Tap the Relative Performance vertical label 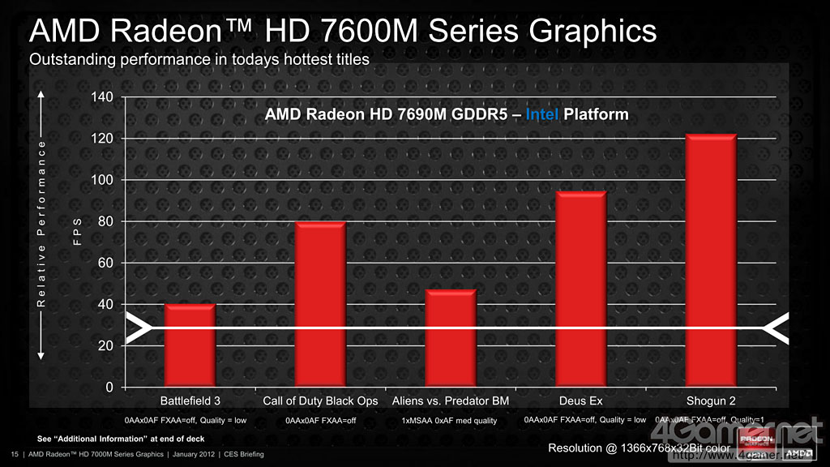pyautogui.click(x=41, y=226)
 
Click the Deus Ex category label pyautogui.click(x=580, y=401)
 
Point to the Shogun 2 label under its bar pyautogui.click(x=711, y=401)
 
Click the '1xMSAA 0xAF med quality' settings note pyautogui.click(x=450, y=421)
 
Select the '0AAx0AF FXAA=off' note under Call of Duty pyautogui.click(x=321, y=421)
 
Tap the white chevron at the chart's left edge pyautogui.click(x=139, y=329)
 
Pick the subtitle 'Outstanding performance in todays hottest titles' pyautogui.click(x=199, y=59)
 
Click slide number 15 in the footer pyautogui.click(x=14, y=454)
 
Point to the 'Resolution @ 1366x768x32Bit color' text pyautogui.click(x=640, y=448)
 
